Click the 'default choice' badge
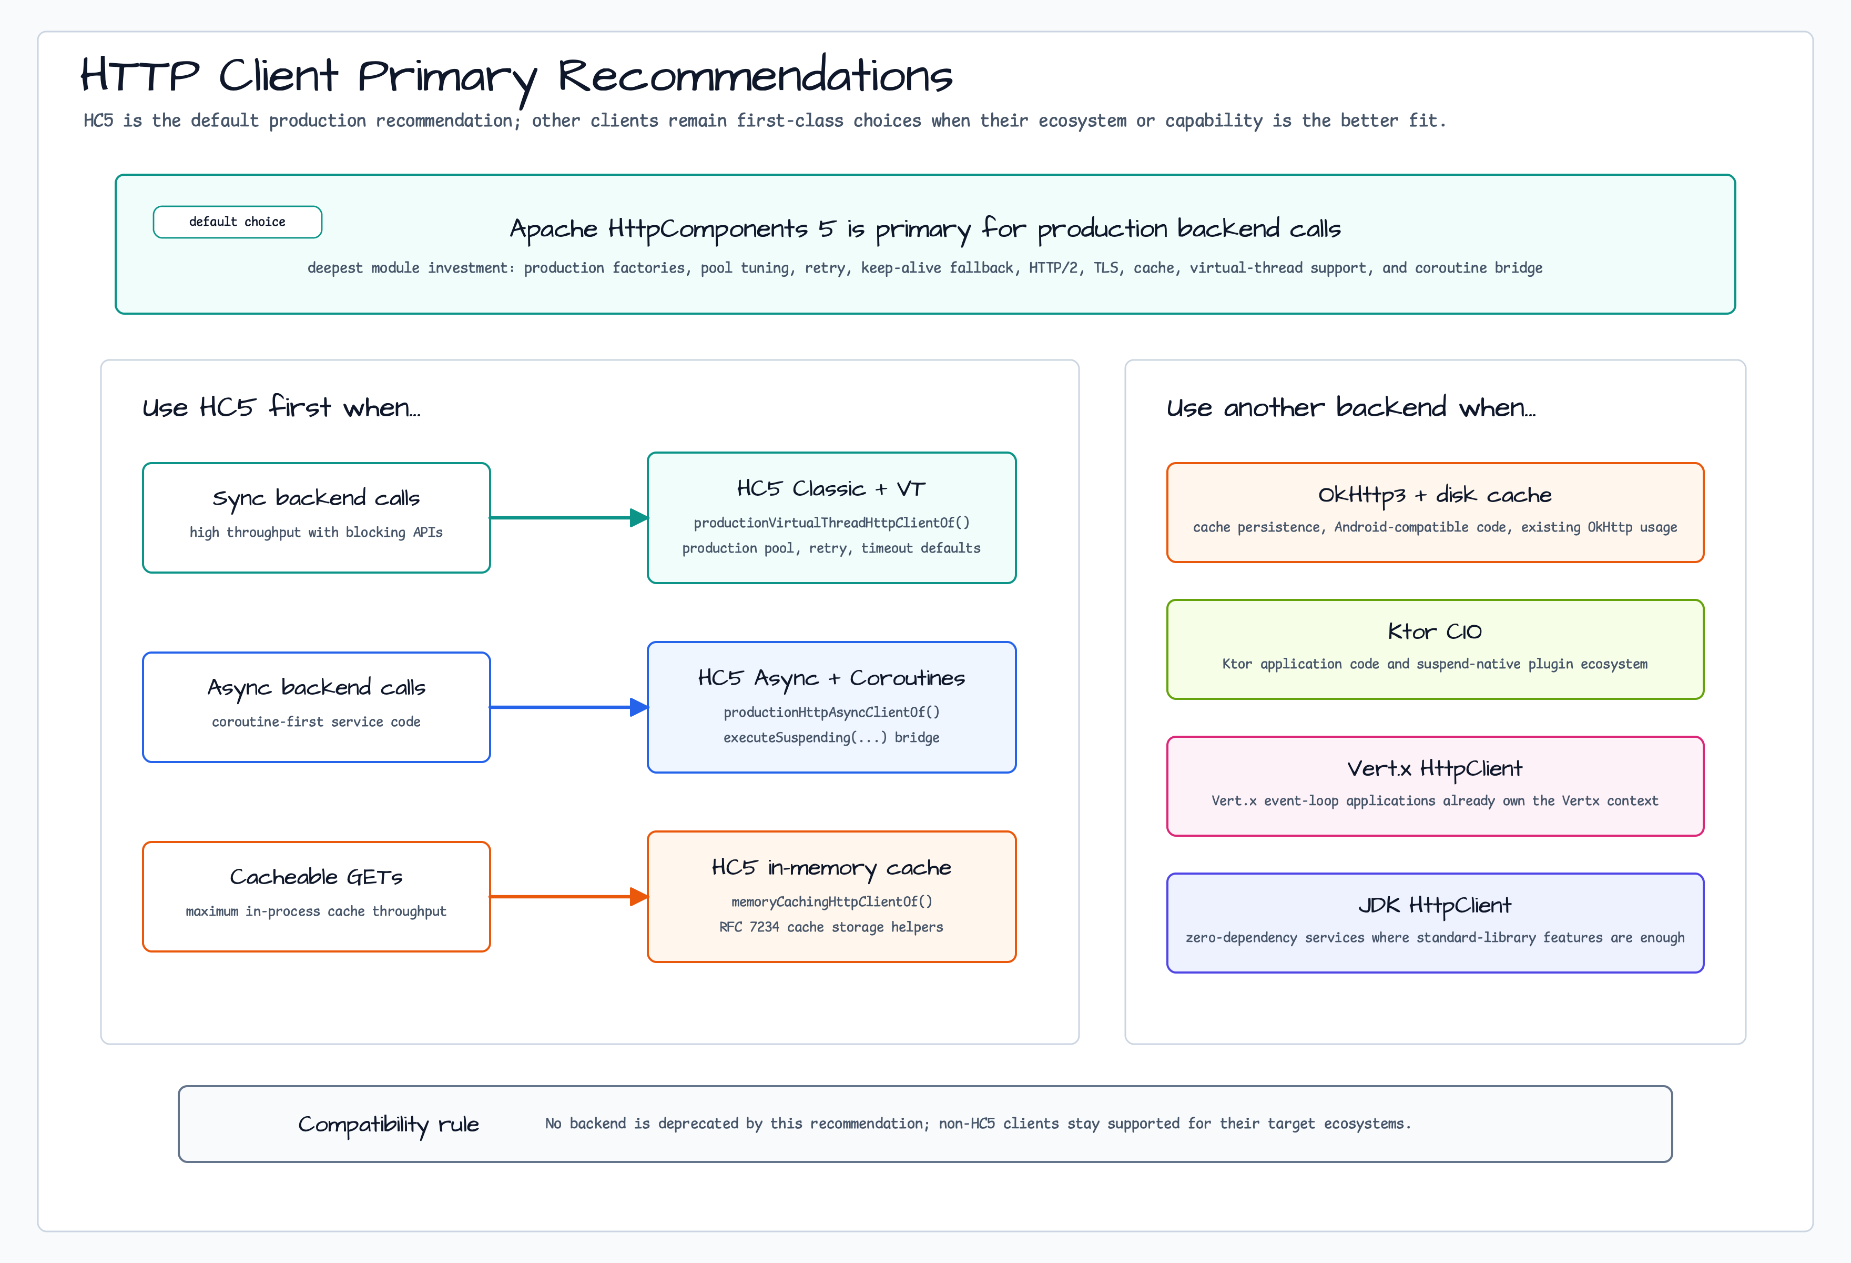coord(237,222)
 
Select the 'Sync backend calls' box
coord(316,518)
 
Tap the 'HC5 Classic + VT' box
coord(831,518)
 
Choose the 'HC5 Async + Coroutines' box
coord(831,707)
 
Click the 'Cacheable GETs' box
coord(316,896)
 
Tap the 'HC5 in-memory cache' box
coord(831,896)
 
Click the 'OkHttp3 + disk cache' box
coord(1435,513)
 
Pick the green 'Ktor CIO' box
coord(1435,649)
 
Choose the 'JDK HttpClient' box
coord(1435,923)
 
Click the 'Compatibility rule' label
coord(389,1125)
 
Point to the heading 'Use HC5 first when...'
coord(281,407)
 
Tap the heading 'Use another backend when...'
coord(1351,407)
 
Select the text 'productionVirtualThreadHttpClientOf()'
coord(831,523)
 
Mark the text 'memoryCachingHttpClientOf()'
coord(831,901)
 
